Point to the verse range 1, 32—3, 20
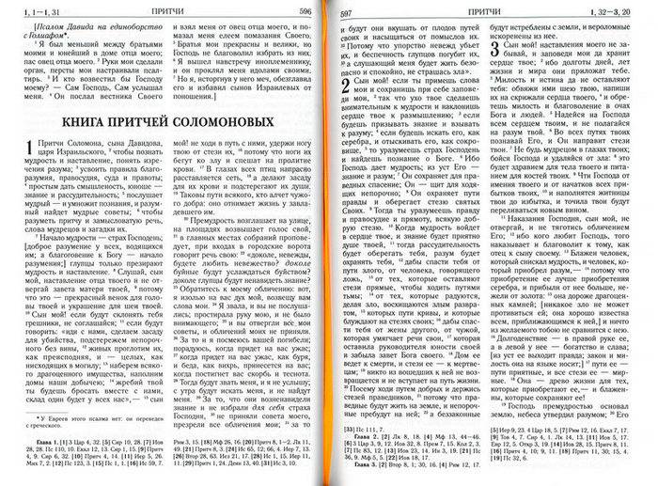click(x=618, y=10)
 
